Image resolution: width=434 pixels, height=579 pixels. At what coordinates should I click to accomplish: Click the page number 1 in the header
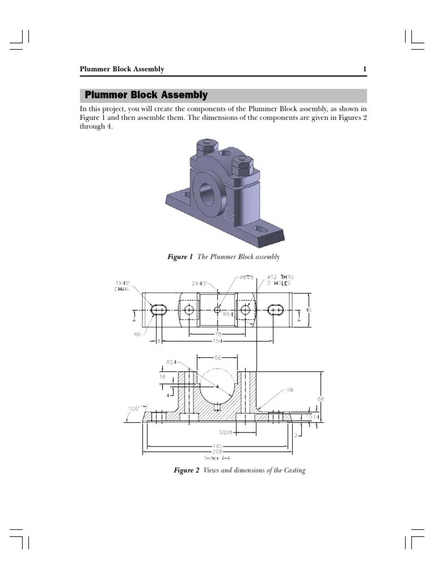tap(364, 70)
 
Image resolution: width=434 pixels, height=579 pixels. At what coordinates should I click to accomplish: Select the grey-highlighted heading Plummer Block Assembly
tap(146, 96)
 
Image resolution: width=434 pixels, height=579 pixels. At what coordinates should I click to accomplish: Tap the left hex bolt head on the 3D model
tap(205, 149)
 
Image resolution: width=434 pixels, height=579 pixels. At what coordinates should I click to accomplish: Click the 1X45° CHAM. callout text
tap(122, 286)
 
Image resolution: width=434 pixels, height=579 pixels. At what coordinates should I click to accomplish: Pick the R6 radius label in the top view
tap(137, 335)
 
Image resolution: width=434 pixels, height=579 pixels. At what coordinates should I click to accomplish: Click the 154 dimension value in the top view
tap(217, 341)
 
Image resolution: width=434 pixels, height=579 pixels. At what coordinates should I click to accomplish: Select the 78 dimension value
tap(217, 334)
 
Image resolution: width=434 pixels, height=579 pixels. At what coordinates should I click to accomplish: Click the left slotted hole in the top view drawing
tap(159, 310)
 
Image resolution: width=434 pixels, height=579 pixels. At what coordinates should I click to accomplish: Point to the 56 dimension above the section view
tap(218, 358)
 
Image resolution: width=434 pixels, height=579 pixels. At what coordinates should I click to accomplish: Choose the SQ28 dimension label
tap(225, 433)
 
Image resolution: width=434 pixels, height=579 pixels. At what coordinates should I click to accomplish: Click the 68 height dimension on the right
tap(321, 399)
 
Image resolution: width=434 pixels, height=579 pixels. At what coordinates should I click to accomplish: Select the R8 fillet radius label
tap(290, 390)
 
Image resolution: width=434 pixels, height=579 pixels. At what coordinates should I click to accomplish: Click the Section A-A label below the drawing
tap(217, 458)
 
